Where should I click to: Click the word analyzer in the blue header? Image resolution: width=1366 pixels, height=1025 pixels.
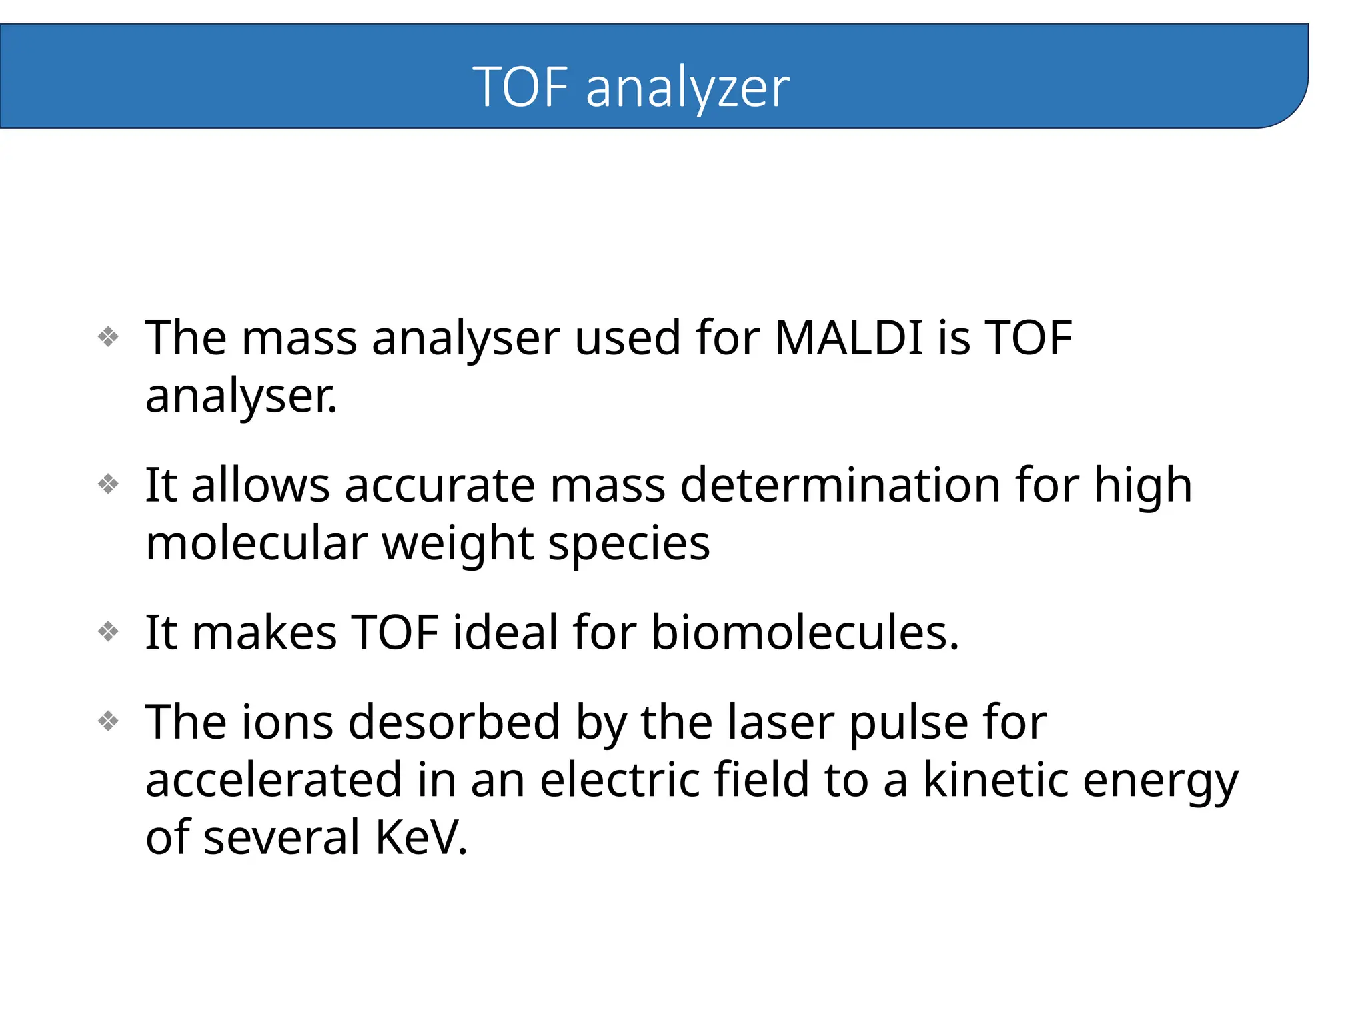click(687, 88)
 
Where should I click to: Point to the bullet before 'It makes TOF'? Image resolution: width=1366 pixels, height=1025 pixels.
click(108, 631)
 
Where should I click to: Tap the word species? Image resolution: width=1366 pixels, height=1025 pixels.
click(628, 543)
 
